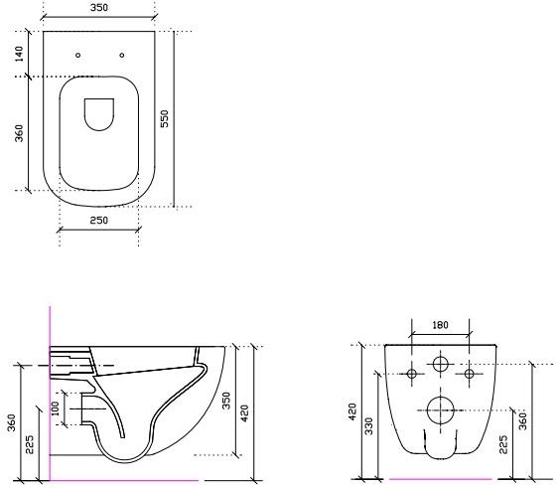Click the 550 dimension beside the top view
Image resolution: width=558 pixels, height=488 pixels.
166,118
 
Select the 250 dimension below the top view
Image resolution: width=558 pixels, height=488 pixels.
98,220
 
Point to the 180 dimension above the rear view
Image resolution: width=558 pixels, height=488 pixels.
441,325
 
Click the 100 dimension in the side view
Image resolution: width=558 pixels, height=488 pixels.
57,407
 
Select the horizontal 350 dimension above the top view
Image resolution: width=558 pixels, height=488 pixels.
98,8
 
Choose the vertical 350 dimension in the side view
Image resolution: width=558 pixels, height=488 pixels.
226,400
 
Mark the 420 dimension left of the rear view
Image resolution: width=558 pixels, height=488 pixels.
351,411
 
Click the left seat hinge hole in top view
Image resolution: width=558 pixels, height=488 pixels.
77,55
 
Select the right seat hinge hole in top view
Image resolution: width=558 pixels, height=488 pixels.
121,55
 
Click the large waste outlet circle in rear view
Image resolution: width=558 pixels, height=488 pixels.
440,407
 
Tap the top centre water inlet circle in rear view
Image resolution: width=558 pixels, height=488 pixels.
441,365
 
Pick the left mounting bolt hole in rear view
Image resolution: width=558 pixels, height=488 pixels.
412,375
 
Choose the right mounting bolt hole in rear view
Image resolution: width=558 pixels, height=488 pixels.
470,375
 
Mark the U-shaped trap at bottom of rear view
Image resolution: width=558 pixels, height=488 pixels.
440,449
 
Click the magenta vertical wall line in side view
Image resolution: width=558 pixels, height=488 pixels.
50,398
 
